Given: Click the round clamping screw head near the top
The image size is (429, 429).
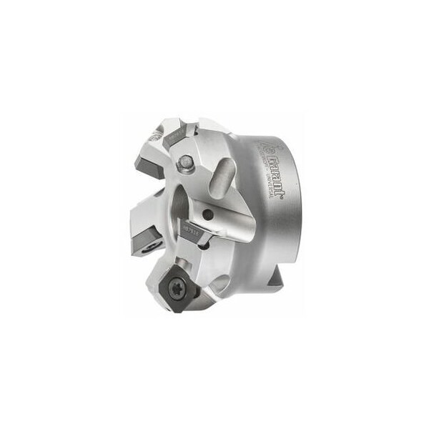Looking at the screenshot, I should [187, 163].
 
